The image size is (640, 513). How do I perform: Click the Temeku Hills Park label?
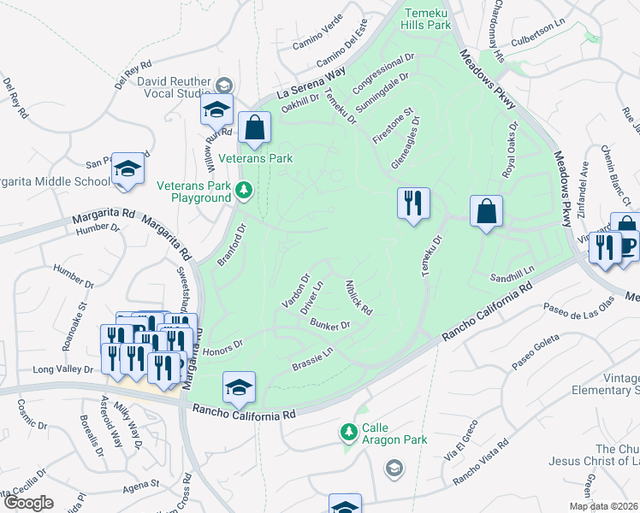point(425,18)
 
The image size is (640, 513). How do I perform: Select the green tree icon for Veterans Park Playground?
point(245,190)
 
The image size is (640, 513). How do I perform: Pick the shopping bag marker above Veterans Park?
point(254,128)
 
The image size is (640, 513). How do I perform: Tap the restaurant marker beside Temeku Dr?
point(413,204)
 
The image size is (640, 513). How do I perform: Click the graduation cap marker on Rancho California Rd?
point(240,388)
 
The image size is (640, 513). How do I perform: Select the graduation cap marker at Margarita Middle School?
point(127,169)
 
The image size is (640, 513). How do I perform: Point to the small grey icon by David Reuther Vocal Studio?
point(224,85)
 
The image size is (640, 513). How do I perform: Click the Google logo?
point(27,503)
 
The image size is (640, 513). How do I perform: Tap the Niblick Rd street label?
point(358,296)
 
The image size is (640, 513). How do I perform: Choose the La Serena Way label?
point(305,84)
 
